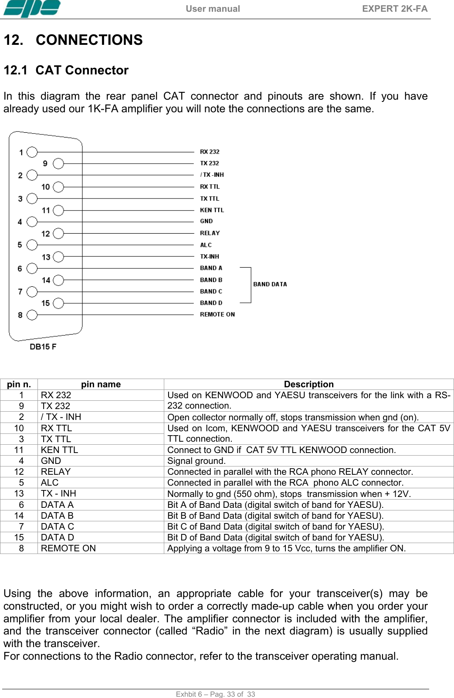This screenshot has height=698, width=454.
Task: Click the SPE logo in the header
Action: click(32, 9)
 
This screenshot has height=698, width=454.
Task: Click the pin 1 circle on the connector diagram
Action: click(32, 152)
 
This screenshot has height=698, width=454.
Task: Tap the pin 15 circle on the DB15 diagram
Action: click(58, 303)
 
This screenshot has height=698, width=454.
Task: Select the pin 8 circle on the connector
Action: click(32, 315)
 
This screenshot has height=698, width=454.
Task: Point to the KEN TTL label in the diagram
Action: click(212, 210)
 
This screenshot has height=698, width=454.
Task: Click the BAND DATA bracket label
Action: click(270, 284)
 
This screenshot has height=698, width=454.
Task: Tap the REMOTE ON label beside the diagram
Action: click(217, 314)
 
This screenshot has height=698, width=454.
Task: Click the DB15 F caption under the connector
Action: click(43, 346)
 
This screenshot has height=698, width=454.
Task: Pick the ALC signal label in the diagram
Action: click(206, 245)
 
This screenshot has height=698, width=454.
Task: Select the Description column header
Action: click(308, 384)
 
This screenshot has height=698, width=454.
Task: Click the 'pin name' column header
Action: click(101, 384)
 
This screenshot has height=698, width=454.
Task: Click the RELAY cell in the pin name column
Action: click(56, 472)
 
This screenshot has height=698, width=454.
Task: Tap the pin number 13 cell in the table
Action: click(19, 493)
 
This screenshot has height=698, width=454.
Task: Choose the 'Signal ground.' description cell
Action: click(197, 461)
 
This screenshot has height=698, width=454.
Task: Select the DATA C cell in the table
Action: click(58, 527)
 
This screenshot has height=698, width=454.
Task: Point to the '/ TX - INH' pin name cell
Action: click(61, 417)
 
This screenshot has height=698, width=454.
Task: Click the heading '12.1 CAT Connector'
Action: click(66, 70)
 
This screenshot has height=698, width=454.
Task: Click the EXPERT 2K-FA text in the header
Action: click(394, 9)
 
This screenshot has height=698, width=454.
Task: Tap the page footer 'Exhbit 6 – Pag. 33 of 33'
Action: click(215, 694)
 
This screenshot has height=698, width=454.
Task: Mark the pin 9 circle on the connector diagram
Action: click(58, 164)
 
